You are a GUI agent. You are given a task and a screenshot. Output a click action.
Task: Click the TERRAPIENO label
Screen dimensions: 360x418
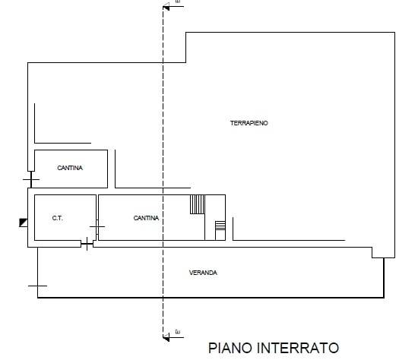coord(249,123)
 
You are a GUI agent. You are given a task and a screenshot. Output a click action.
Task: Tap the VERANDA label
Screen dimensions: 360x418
coord(203,272)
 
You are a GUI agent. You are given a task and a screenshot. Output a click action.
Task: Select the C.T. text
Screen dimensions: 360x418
coord(57,218)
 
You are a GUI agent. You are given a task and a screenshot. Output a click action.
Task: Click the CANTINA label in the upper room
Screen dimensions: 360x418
coord(70,168)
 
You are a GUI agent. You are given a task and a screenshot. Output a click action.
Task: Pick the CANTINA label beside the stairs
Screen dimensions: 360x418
coord(146,218)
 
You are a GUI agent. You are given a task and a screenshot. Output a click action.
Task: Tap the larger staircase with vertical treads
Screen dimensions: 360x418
coord(198,205)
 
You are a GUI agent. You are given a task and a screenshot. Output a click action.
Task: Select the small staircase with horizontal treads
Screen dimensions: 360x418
coord(220,229)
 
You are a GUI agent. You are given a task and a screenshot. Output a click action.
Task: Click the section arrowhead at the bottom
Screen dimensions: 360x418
coord(166,335)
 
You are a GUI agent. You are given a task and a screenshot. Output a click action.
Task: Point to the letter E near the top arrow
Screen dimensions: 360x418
coord(177,4)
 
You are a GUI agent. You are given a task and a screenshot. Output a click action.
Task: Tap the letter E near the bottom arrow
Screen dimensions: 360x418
coord(177,332)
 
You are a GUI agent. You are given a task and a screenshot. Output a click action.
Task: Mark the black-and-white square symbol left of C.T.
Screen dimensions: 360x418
coord(24,223)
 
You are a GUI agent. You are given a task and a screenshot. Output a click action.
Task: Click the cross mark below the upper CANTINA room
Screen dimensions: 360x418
coord(31,180)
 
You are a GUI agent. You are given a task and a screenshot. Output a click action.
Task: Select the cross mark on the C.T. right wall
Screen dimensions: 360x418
coord(97,226)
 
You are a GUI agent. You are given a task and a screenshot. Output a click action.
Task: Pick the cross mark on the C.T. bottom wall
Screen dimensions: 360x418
coord(87,243)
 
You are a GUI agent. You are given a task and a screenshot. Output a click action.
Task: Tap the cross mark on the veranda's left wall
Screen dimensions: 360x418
coord(37,286)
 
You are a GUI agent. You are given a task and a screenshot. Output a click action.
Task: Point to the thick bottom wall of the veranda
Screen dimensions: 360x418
coord(213,297)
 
